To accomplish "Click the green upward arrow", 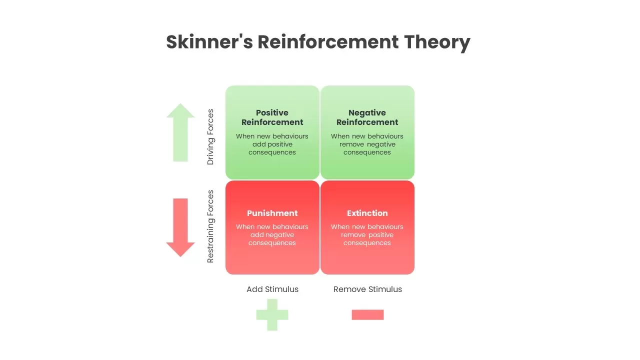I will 180,132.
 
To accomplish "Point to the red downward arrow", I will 180,227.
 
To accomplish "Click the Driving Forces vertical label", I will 210,137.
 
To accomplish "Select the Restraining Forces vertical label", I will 210,226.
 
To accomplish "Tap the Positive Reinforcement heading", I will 272,117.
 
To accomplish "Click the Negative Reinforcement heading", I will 367,117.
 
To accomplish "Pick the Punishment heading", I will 272,213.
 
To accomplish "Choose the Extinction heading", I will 367,213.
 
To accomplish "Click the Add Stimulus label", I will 272,289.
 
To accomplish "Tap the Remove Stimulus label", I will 367,289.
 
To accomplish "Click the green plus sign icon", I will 272,314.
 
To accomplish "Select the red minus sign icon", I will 367,314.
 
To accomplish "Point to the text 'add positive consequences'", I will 272,148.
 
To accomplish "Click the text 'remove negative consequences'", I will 367,148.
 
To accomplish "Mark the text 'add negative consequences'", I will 272,239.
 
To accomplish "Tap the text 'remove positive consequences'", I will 367,239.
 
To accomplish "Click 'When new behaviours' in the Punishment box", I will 272,226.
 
